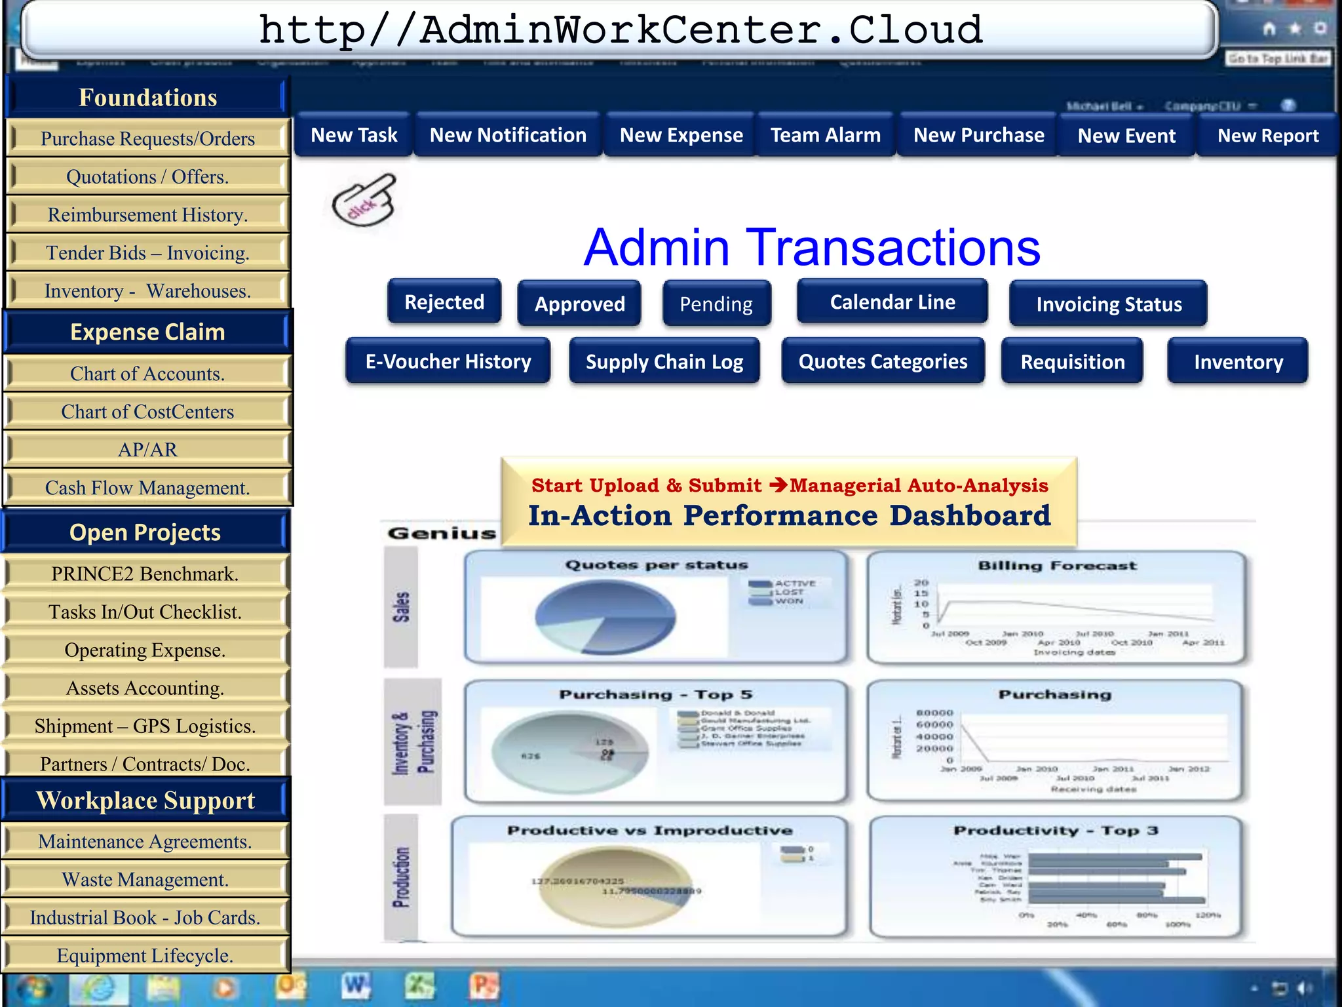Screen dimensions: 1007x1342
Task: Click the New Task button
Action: click(x=354, y=135)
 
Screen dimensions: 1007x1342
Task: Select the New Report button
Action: click(x=1267, y=136)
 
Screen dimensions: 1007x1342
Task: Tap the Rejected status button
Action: click(x=444, y=302)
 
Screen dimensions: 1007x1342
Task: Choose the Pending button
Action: click(x=716, y=304)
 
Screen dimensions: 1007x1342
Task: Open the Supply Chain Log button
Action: click(x=664, y=361)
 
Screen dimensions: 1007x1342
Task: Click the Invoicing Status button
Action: click(x=1109, y=304)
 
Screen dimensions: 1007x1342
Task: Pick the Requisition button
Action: click(x=1072, y=361)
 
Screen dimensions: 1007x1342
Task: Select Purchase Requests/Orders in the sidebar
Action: click(x=147, y=138)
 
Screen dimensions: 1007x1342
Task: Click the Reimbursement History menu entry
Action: click(x=147, y=214)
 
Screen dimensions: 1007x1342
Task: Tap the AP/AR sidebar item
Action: click(x=147, y=450)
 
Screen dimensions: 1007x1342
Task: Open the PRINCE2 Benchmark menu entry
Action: click(x=145, y=574)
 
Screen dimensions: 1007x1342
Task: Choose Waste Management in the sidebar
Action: click(x=145, y=879)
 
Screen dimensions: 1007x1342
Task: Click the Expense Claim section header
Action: click(x=147, y=332)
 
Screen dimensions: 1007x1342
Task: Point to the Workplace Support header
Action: click(x=145, y=800)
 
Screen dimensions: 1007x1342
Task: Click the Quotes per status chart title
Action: click(x=656, y=565)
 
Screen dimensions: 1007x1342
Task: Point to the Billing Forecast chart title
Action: click(x=1057, y=566)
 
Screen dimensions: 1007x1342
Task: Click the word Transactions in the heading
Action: click(x=892, y=248)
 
